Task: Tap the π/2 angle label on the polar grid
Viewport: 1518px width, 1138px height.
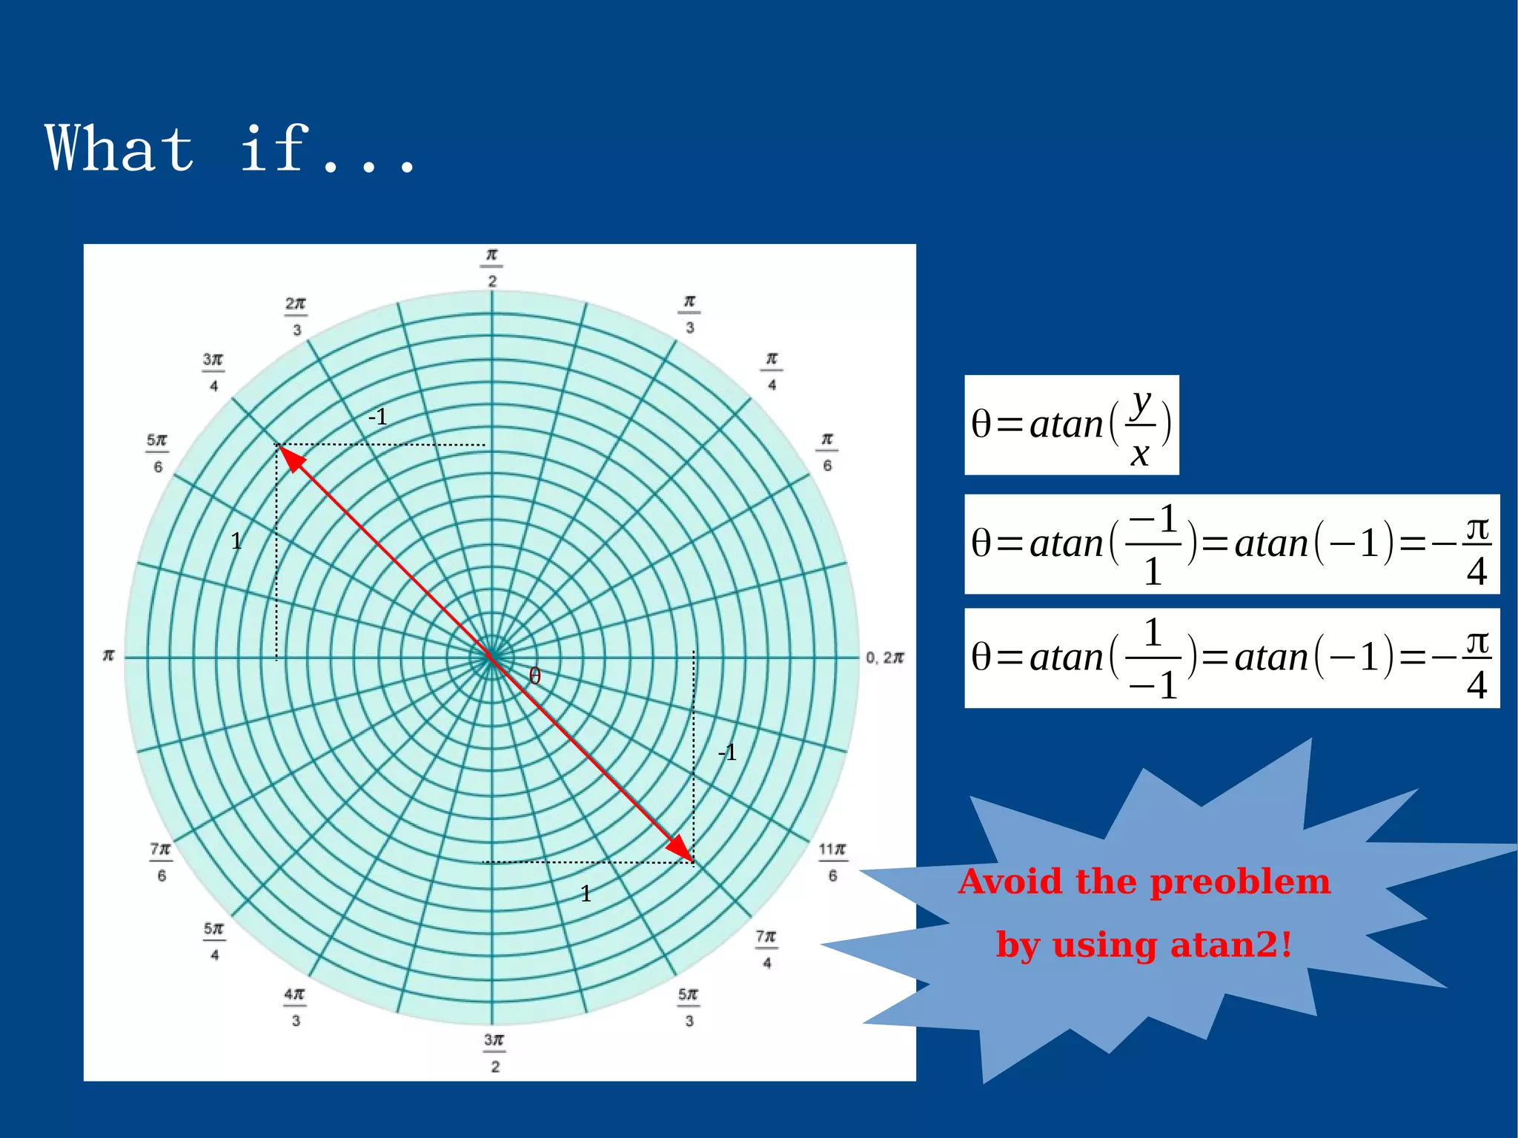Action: point(491,268)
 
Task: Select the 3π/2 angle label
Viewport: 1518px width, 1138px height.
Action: point(494,1053)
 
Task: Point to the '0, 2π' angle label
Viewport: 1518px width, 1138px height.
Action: point(884,658)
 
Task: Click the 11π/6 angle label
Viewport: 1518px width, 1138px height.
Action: point(832,862)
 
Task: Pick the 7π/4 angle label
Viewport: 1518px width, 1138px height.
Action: point(766,949)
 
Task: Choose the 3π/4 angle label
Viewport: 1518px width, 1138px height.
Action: point(213,372)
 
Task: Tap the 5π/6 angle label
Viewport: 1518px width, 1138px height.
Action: point(157,453)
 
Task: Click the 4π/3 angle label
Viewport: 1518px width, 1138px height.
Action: point(294,1007)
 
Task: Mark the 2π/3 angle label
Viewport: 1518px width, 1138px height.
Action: point(296,317)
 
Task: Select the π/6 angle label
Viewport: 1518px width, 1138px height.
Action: point(827,452)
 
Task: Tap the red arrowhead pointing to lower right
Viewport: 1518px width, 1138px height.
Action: point(680,849)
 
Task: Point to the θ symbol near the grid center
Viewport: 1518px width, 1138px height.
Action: point(534,676)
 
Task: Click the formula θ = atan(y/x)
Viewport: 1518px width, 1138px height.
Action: point(1071,426)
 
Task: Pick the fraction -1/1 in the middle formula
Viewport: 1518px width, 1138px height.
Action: point(1153,544)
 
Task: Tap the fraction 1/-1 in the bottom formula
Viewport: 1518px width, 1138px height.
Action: point(1153,658)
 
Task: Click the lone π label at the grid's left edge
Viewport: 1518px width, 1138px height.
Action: point(108,655)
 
